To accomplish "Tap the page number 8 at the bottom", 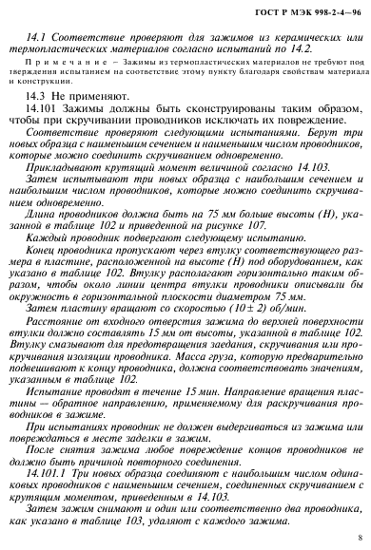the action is tap(357, 536).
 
